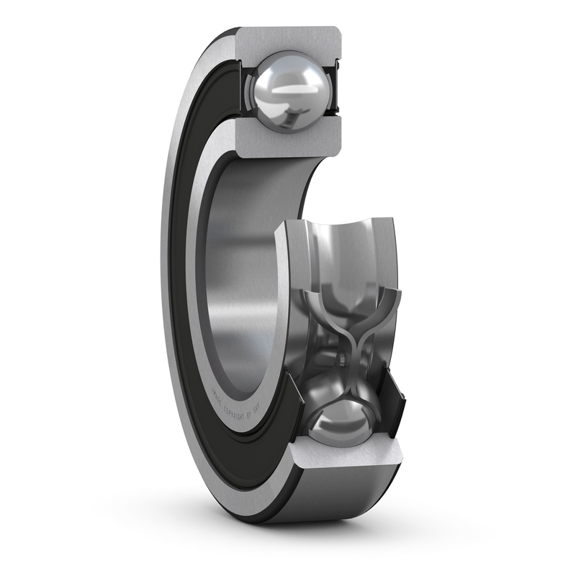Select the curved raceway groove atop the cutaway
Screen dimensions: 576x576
(338, 245)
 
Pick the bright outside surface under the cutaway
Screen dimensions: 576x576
(346, 497)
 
